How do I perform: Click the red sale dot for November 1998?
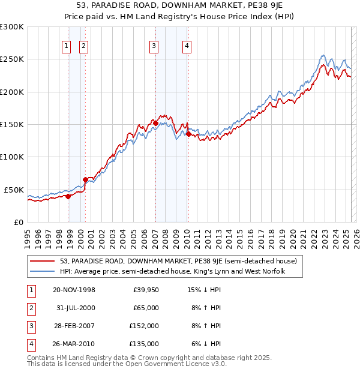pyautogui.click(x=68, y=196)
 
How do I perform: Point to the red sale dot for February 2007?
pyautogui.click(x=156, y=123)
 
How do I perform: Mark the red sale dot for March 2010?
pyautogui.click(x=188, y=134)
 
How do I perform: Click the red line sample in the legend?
pyautogui.click(x=43, y=261)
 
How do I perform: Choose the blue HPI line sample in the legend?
pyautogui.click(x=43, y=271)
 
